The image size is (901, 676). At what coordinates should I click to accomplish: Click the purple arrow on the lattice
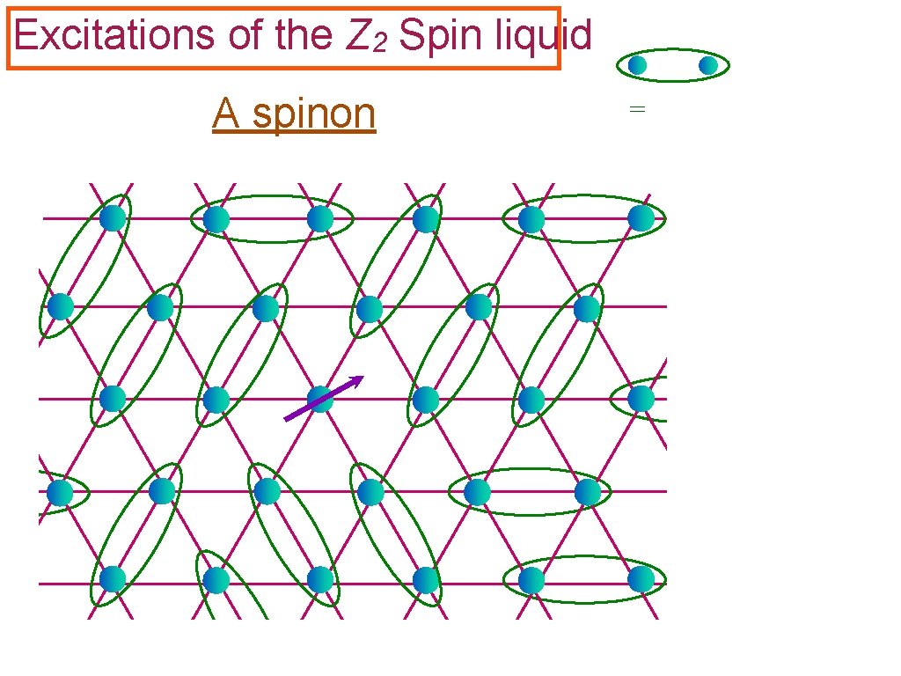pyautogui.click(x=322, y=399)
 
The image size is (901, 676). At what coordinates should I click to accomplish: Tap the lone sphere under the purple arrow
pyautogui.click(x=319, y=400)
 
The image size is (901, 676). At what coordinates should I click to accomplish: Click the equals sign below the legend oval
pyautogui.click(x=637, y=109)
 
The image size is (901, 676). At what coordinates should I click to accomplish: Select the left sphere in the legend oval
pyautogui.click(x=637, y=65)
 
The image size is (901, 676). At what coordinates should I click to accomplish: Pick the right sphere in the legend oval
pyautogui.click(x=708, y=65)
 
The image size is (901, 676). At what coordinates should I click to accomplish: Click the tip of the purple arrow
pyautogui.click(x=360, y=378)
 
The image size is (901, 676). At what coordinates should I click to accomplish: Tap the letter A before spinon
pyautogui.click(x=225, y=114)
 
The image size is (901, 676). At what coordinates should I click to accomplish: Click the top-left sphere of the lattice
pyautogui.click(x=113, y=217)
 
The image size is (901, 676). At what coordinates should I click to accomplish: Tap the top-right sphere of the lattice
pyautogui.click(x=641, y=217)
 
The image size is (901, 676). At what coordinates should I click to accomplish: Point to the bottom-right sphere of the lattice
pyautogui.click(x=641, y=579)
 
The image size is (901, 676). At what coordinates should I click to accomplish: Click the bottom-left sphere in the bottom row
pyautogui.click(x=113, y=579)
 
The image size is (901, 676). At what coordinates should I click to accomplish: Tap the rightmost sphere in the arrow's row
pyautogui.click(x=641, y=399)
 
